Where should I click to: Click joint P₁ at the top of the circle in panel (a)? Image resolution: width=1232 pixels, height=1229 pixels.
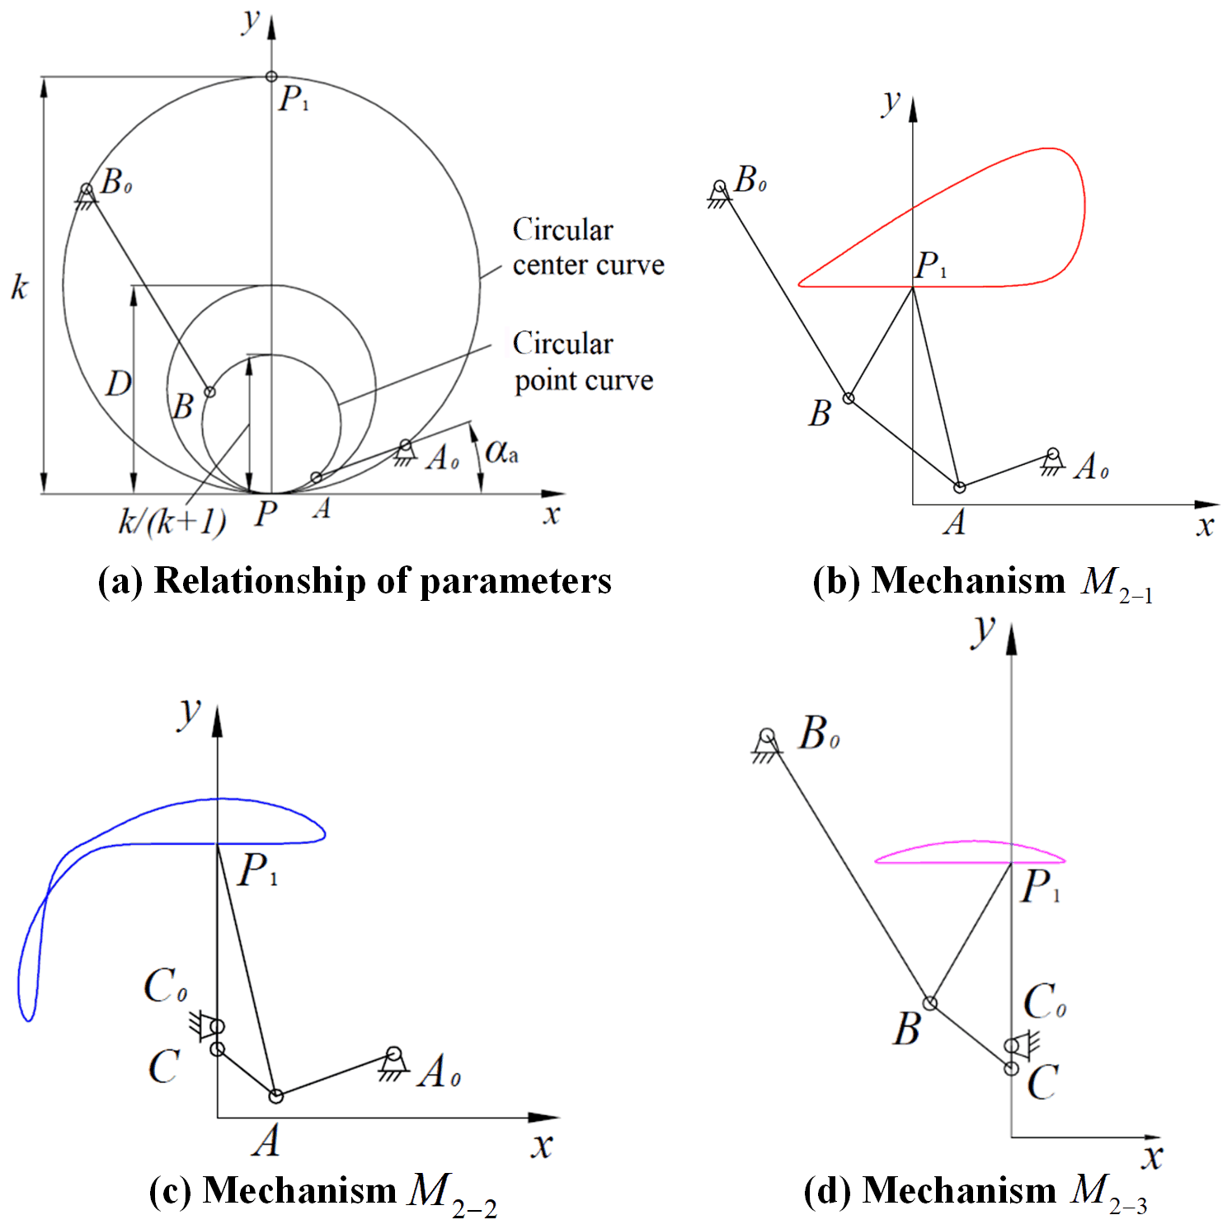(x=271, y=77)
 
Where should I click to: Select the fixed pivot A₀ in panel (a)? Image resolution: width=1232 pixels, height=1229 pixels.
(x=405, y=446)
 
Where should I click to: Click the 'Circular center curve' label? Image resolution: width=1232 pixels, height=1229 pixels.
(x=587, y=246)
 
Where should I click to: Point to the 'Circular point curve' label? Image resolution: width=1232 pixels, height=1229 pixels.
(x=582, y=362)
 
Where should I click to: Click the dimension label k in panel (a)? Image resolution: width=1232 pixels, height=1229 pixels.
(x=19, y=287)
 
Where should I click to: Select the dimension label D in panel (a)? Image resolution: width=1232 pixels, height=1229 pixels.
(x=118, y=383)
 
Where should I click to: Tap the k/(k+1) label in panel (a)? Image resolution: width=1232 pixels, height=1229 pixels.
(x=172, y=521)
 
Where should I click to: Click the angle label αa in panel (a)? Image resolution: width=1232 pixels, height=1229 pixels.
(x=501, y=452)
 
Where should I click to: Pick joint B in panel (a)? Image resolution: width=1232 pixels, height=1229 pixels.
(x=209, y=392)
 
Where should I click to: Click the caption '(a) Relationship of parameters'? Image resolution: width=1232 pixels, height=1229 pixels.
(x=355, y=580)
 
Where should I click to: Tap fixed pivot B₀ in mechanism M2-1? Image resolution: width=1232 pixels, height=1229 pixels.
(x=720, y=188)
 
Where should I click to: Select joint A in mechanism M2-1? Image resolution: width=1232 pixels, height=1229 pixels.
(x=959, y=487)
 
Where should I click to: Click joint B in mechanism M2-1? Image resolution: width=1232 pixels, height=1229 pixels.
(x=848, y=398)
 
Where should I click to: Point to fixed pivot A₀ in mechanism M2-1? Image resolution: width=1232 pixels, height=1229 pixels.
(x=1052, y=454)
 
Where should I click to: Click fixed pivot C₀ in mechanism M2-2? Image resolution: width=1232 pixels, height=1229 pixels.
(x=217, y=1026)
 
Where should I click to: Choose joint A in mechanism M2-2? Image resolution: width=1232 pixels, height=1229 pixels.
(x=276, y=1095)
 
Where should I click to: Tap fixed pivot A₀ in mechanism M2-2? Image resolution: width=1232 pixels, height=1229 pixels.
(x=394, y=1054)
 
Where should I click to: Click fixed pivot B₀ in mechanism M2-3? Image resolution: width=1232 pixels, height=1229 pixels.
(x=767, y=735)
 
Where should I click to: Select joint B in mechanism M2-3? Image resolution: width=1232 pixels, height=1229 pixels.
(x=929, y=1003)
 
